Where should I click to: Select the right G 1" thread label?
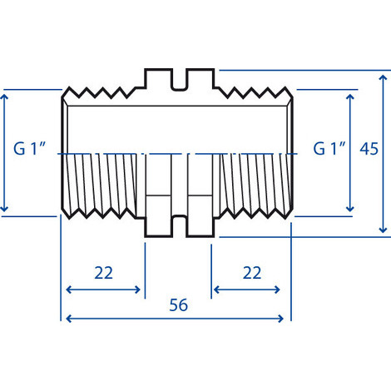point(329,149)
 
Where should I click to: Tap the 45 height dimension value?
point(369,149)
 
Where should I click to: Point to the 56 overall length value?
point(177,304)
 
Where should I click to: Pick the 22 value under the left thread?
point(104,273)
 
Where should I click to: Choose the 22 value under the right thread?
point(251,273)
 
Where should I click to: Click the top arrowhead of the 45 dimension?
point(383,75)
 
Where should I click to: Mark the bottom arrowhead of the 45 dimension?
point(383,230)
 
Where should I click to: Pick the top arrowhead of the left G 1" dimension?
point(6,95)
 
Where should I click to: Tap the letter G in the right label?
point(319,149)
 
